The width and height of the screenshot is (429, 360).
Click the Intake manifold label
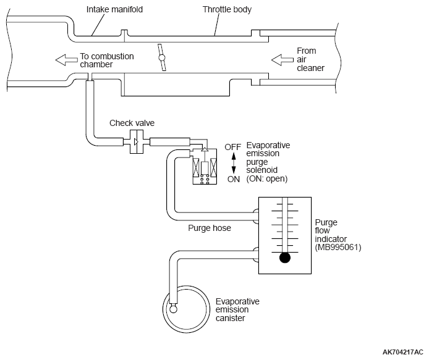pos(114,9)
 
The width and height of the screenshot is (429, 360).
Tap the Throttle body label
pos(227,9)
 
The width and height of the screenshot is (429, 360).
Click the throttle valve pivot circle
pos(162,57)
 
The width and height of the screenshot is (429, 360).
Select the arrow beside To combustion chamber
pos(67,60)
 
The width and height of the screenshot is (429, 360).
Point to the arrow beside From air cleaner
pos(282,60)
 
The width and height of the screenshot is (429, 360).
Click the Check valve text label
pos(132,123)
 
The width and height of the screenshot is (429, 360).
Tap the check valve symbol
pos(136,142)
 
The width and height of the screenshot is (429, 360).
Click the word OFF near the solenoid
pos(232,147)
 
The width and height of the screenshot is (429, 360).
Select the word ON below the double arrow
pos(234,179)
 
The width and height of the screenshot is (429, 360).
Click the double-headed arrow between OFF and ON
pos(234,163)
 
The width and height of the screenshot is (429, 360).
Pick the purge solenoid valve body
pos(205,167)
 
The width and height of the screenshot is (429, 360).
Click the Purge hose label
pos(210,228)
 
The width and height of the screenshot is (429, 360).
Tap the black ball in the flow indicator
pos(285,257)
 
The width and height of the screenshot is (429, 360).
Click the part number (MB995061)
pos(338,248)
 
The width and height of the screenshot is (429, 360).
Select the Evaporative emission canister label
pos(237,310)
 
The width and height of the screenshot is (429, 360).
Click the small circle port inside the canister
pos(173,309)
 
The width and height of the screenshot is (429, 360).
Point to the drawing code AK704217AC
pos(403,353)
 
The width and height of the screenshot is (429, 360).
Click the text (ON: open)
pos(267,179)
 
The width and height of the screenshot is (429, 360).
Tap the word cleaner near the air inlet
pos(310,68)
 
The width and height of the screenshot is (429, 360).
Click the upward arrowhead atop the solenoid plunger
pos(205,149)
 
